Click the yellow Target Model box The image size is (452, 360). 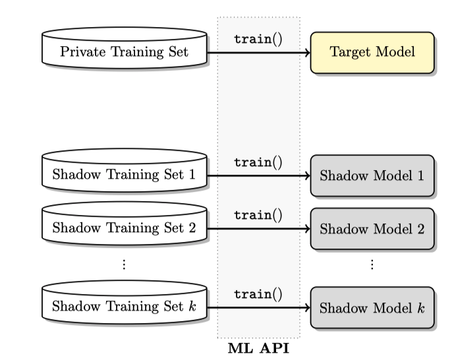[x=372, y=51]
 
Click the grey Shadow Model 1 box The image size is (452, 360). [x=372, y=176]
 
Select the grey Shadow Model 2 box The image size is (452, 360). [x=372, y=229]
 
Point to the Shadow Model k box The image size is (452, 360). [x=372, y=307]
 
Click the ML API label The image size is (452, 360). [x=258, y=347]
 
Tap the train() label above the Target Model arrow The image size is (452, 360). [x=258, y=38]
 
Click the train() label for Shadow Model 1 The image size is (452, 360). [x=258, y=162]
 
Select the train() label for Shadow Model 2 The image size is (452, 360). [x=258, y=215]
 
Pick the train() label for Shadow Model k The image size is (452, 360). [x=258, y=293]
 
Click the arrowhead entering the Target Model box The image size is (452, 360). [x=306, y=51]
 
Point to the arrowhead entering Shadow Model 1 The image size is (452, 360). [x=306, y=176]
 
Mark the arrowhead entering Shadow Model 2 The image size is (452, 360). [x=306, y=229]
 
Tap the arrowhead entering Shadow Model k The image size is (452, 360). [x=306, y=307]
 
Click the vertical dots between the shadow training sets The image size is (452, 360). [x=125, y=264]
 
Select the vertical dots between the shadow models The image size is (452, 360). [x=372, y=264]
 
